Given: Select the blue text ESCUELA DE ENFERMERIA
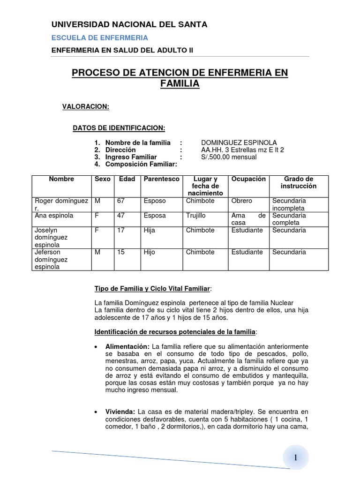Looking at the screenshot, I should [99, 37].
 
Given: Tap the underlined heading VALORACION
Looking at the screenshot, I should [86, 107].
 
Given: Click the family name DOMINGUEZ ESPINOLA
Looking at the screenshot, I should [239, 142].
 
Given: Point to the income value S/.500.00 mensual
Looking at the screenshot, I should [229, 157].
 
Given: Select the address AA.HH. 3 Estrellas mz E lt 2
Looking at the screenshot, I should [242, 150].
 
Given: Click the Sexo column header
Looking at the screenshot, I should [103, 179].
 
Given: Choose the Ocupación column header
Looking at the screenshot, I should [248, 179].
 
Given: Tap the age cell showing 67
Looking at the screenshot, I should [121, 201].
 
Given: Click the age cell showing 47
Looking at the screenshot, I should [121, 216].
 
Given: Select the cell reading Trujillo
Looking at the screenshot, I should [196, 216].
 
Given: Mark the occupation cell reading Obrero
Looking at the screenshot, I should [242, 201].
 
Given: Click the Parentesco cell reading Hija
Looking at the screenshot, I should [149, 231].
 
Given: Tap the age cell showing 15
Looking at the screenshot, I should [121, 252].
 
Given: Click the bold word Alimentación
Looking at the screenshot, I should [125, 346].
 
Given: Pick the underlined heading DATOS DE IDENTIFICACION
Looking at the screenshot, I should [119, 127].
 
